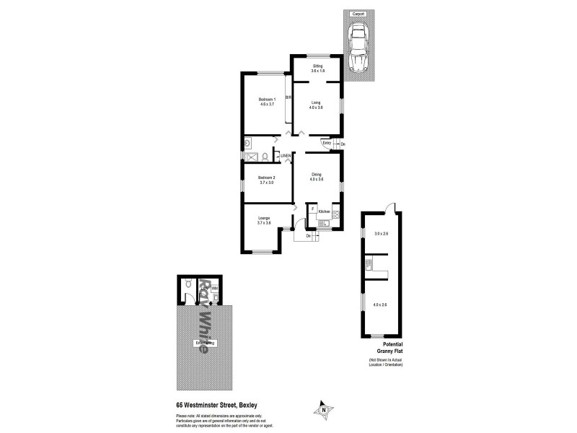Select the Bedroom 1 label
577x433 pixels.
[x=268, y=99]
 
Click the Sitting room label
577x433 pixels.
[x=317, y=66]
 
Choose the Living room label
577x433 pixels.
[x=317, y=102]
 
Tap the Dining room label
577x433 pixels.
[x=317, y=174]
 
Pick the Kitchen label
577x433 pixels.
[x=324, y=211]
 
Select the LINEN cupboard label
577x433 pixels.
[x=286, y=156]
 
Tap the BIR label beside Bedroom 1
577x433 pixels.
[x=288, y=97]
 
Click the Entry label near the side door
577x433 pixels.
[x=327, y=143]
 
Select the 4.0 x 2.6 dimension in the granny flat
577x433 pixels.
[x=380, y=305]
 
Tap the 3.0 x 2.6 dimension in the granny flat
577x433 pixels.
[x=381, y=233]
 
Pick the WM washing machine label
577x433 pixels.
[x=215, y=288]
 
